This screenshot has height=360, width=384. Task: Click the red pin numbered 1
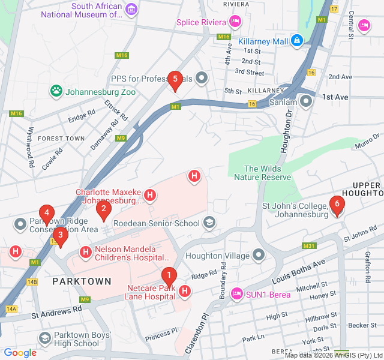169,277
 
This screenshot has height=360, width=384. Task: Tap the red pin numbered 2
104,209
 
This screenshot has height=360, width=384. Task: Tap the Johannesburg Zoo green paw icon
56,92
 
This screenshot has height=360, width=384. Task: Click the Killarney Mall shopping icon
296,41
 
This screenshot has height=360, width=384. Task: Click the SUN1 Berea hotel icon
237,293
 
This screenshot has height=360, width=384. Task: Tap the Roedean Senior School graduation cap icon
209,223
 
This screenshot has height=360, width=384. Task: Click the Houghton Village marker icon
259,256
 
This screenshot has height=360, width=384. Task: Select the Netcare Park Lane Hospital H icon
185,292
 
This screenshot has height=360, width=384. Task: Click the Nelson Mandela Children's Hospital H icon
86,252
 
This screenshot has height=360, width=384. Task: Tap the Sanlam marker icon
307,101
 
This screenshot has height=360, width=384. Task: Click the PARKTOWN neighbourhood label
82,281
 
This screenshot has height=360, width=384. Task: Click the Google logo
20,353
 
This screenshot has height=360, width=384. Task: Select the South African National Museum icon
131,10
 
